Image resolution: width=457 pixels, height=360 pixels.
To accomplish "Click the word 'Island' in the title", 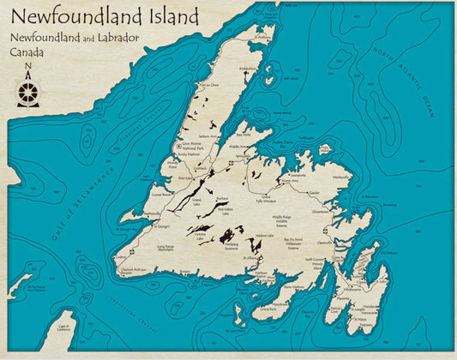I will pyautogui.click(x=170, y=16).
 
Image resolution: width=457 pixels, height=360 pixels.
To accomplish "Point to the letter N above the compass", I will pyautogui.click(x=28, y=68).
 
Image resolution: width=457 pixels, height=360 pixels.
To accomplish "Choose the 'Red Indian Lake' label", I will pyautogui.click(x=225, y=211).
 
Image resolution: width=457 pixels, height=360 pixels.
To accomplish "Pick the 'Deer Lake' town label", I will pyautogui.click(x=183, y=178).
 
